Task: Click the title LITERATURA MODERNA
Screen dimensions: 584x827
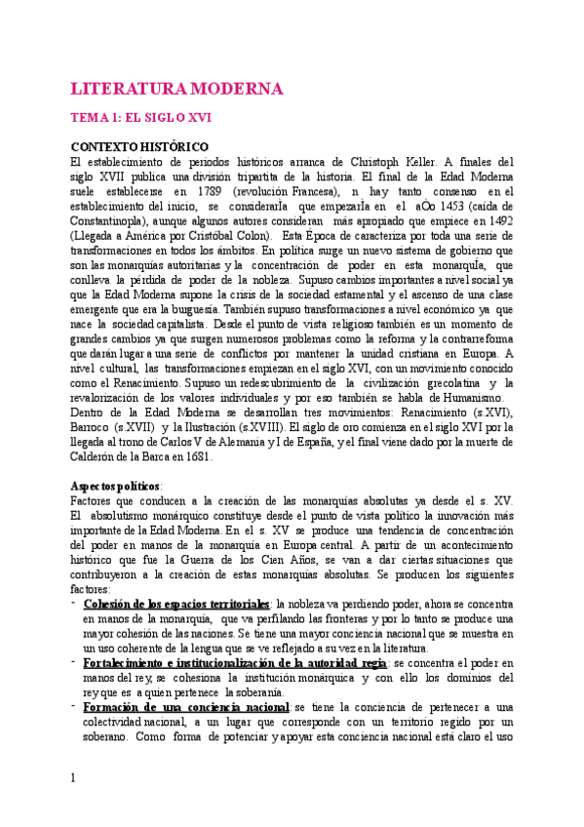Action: coord(176,90)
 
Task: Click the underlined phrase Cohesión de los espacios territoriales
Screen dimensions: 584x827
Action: coord(177,604)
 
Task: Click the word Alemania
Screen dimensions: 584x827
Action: coord(273,441)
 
